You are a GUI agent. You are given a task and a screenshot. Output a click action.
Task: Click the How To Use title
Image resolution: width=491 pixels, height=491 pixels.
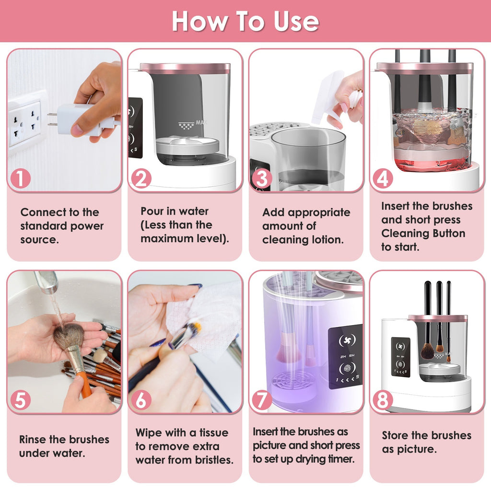[x=245, y=21]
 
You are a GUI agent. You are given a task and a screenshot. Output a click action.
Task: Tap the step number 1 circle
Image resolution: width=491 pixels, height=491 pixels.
[x=20, y=179]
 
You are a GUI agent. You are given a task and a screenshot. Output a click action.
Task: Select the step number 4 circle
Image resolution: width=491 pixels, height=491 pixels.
[x=382, y=179]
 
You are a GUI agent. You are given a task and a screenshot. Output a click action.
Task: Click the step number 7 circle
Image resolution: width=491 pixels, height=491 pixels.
[x=262, y=400]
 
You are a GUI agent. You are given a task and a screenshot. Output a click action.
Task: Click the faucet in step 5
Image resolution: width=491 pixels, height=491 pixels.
[x=47, y=283]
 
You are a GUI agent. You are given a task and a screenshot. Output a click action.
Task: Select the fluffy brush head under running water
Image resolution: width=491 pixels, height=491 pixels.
[x=68, y=335]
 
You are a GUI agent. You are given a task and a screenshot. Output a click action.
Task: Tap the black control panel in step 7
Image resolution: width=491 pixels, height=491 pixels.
[x=345, y=357]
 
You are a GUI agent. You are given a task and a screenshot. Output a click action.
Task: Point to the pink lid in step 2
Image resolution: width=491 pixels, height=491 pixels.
[x=185, y=69]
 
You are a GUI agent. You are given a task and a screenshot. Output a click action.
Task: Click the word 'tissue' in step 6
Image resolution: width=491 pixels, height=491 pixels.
[x=210, y=433]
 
